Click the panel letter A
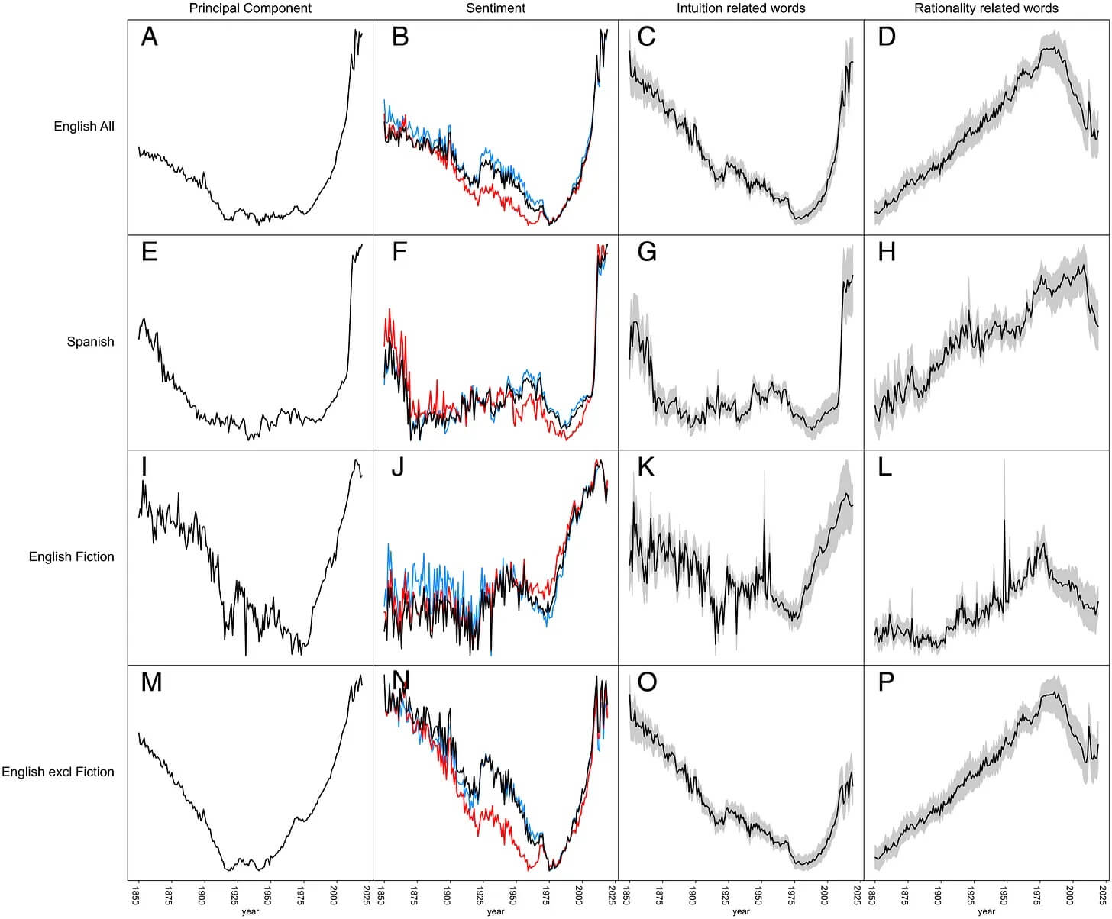point(150,37)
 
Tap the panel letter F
point(399,252)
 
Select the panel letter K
point(646,467)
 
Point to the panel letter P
point(886,682)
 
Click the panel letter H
point(887,252)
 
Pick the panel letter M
point(151,682)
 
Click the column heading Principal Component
point(251,8)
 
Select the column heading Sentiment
point(496,8)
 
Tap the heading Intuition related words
point(741,8)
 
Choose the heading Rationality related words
point(986,8)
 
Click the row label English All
point(84,127)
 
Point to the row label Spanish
point(90,342)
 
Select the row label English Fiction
point(72,557)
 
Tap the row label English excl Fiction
point(58,772)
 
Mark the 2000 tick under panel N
point(579,894)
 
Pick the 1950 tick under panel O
point(758,894)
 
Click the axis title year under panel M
point(251,911)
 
